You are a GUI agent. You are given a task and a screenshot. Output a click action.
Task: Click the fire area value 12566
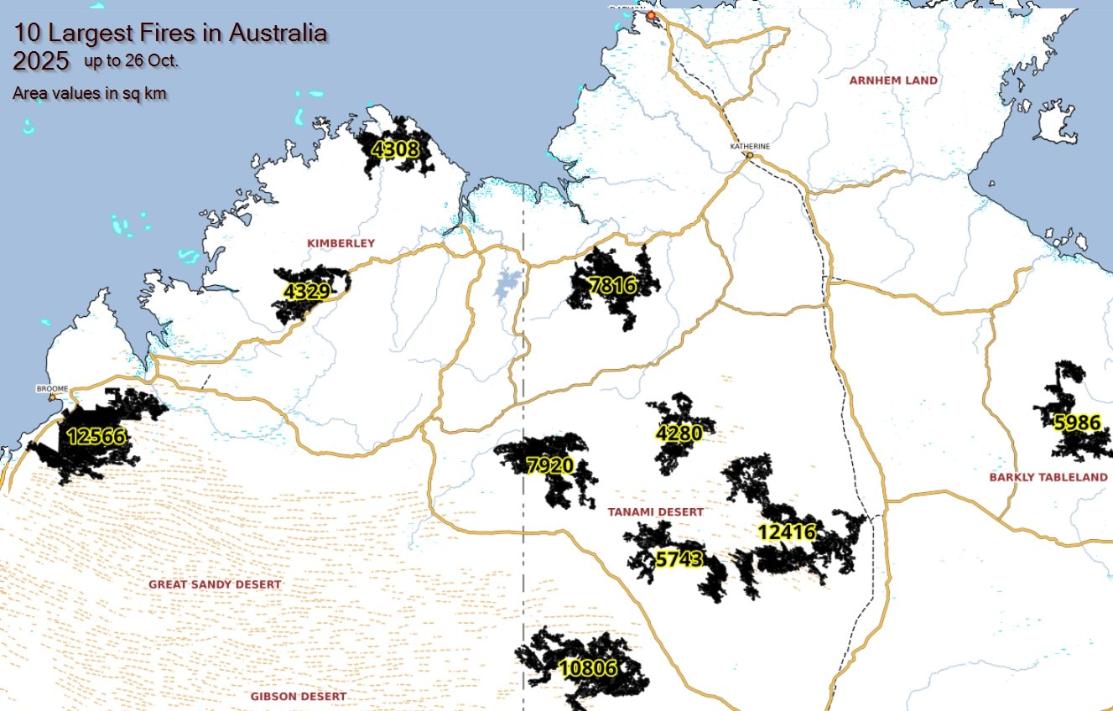pyautogui.click(x=95, y=436)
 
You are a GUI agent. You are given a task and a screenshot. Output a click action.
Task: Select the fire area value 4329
pyautogui.click(x=305, y=292)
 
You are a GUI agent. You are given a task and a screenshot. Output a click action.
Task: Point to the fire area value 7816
pyautogui.click(x=612, y=286)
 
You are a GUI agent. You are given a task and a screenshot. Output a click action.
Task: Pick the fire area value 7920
pyautogui.click(x=549, y=466)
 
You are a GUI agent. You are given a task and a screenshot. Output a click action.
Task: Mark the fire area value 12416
pyautogui.click(x=786, y=532)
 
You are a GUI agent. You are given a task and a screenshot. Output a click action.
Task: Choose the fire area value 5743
pyautogui.click(x=678, y=559)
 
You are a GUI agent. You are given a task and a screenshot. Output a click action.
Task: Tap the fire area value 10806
pyautogui.click(x=588, y=668)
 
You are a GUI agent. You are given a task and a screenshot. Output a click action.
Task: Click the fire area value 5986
pyautogui.click(x=1076, y=423)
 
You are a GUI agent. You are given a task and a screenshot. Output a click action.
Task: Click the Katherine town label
pyautogui.click(x=749, y=146)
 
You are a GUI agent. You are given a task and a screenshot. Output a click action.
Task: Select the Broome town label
pyautogui.click(x=50, y=389)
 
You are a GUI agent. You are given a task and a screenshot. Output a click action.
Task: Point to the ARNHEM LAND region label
pyautogui.click(x=893, y=80)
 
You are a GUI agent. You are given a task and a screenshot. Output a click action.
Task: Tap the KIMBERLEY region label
pyautogui.click(x=341, y=243)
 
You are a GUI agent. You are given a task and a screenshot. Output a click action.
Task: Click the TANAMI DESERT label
pyautogui.click(x=656, y=511)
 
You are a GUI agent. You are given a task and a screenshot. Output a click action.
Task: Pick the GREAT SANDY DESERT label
pyautogui.click(x=215, y=584)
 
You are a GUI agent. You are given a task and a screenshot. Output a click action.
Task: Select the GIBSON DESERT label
pyautogui.click(x=298, y=696)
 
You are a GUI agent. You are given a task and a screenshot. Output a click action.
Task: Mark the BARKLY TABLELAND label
pyautogui.click(x=1048, y=477)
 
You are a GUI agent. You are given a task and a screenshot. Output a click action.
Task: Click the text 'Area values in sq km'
pyautogui.click(x=89, y=93)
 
